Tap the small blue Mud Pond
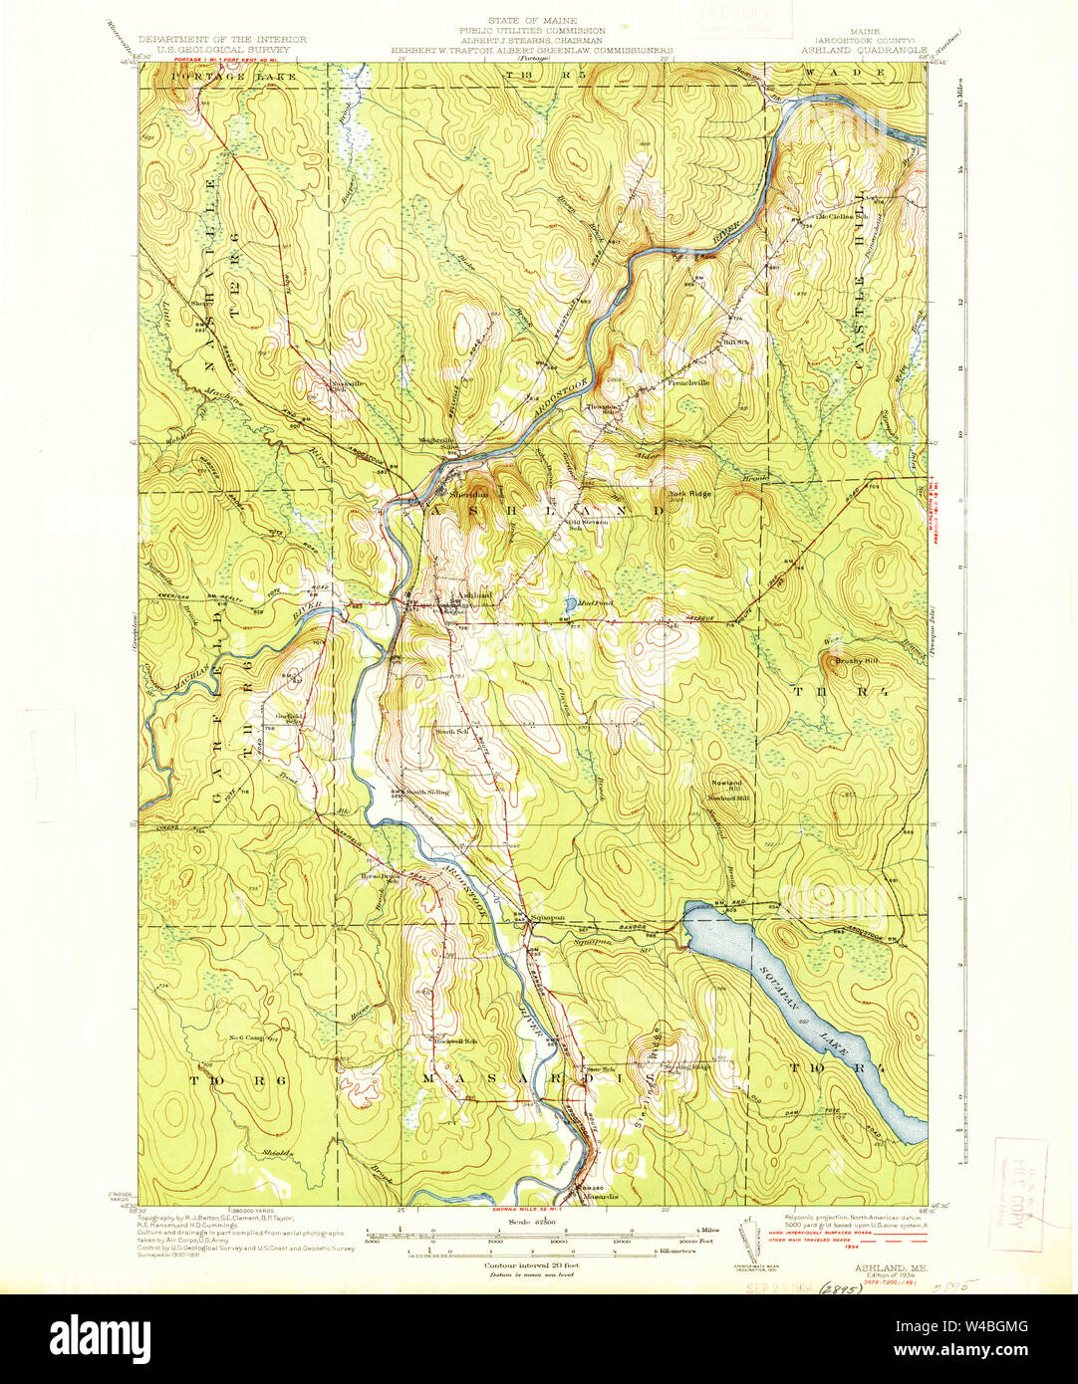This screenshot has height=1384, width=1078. tap(569, 604)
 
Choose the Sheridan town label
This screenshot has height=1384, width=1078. tap(467, 493)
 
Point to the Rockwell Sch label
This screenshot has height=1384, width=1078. tap(455, 1041)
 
